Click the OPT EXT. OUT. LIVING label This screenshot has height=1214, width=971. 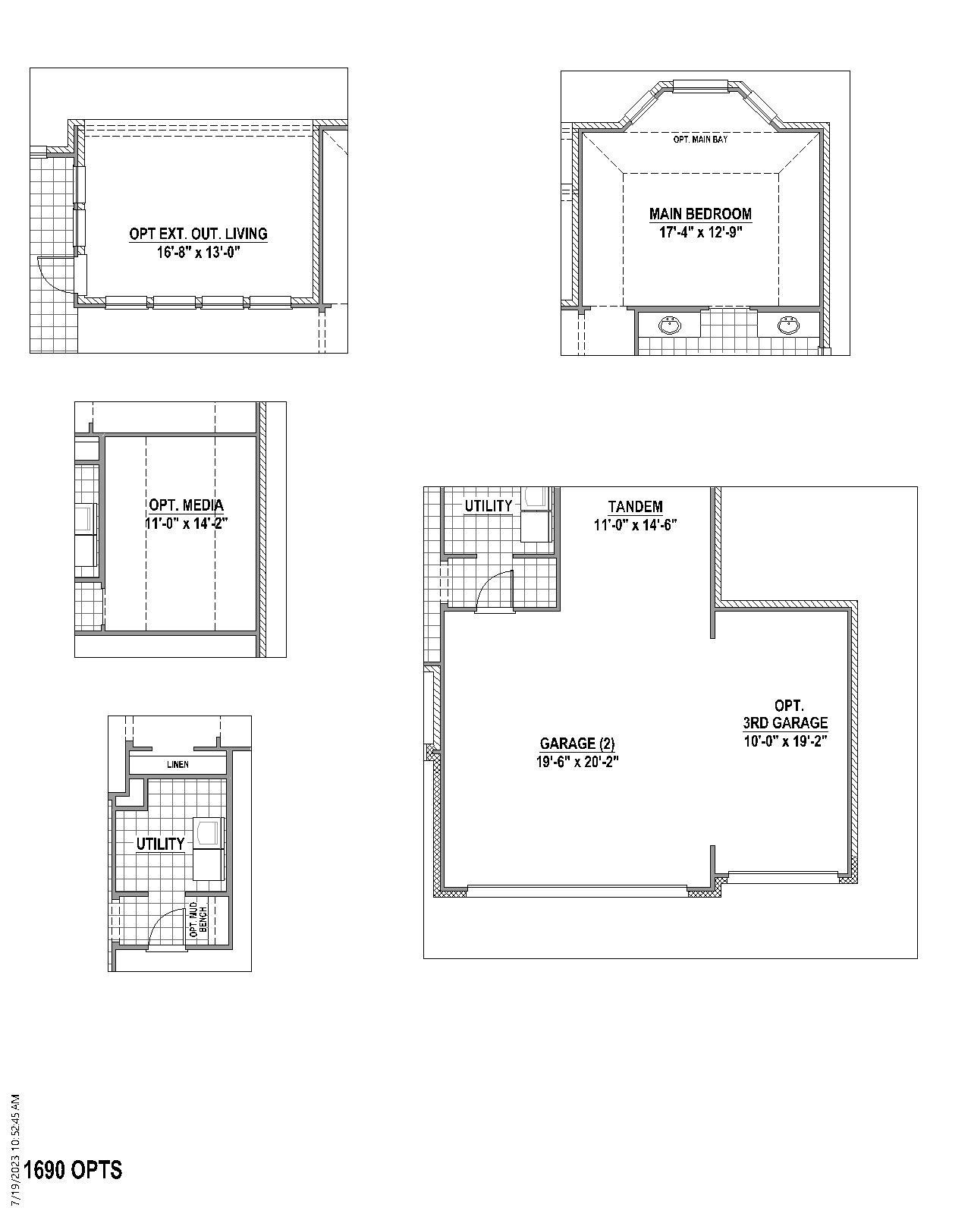[198, 234]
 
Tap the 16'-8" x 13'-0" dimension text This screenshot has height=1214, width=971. [198, 253]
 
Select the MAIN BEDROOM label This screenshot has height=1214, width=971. [700, 214]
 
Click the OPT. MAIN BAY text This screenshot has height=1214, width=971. [700, 140]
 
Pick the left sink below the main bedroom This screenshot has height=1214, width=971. [669, 326]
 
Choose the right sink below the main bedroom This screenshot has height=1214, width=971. [789, 326]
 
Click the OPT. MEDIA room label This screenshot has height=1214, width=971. [186, 505]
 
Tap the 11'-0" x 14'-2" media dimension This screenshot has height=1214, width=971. [186, 523]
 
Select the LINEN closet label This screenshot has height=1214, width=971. [178, 764]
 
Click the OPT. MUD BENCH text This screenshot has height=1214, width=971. [198, 920]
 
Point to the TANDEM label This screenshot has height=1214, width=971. [635, 506]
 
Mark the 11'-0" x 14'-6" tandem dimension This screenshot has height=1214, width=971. [635, 524]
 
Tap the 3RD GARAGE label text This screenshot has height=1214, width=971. [785, 723]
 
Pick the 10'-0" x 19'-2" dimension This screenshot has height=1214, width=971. [785, 741]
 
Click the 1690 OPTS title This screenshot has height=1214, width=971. [73, 1170]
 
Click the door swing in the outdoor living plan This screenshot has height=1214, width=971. [55, 275]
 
